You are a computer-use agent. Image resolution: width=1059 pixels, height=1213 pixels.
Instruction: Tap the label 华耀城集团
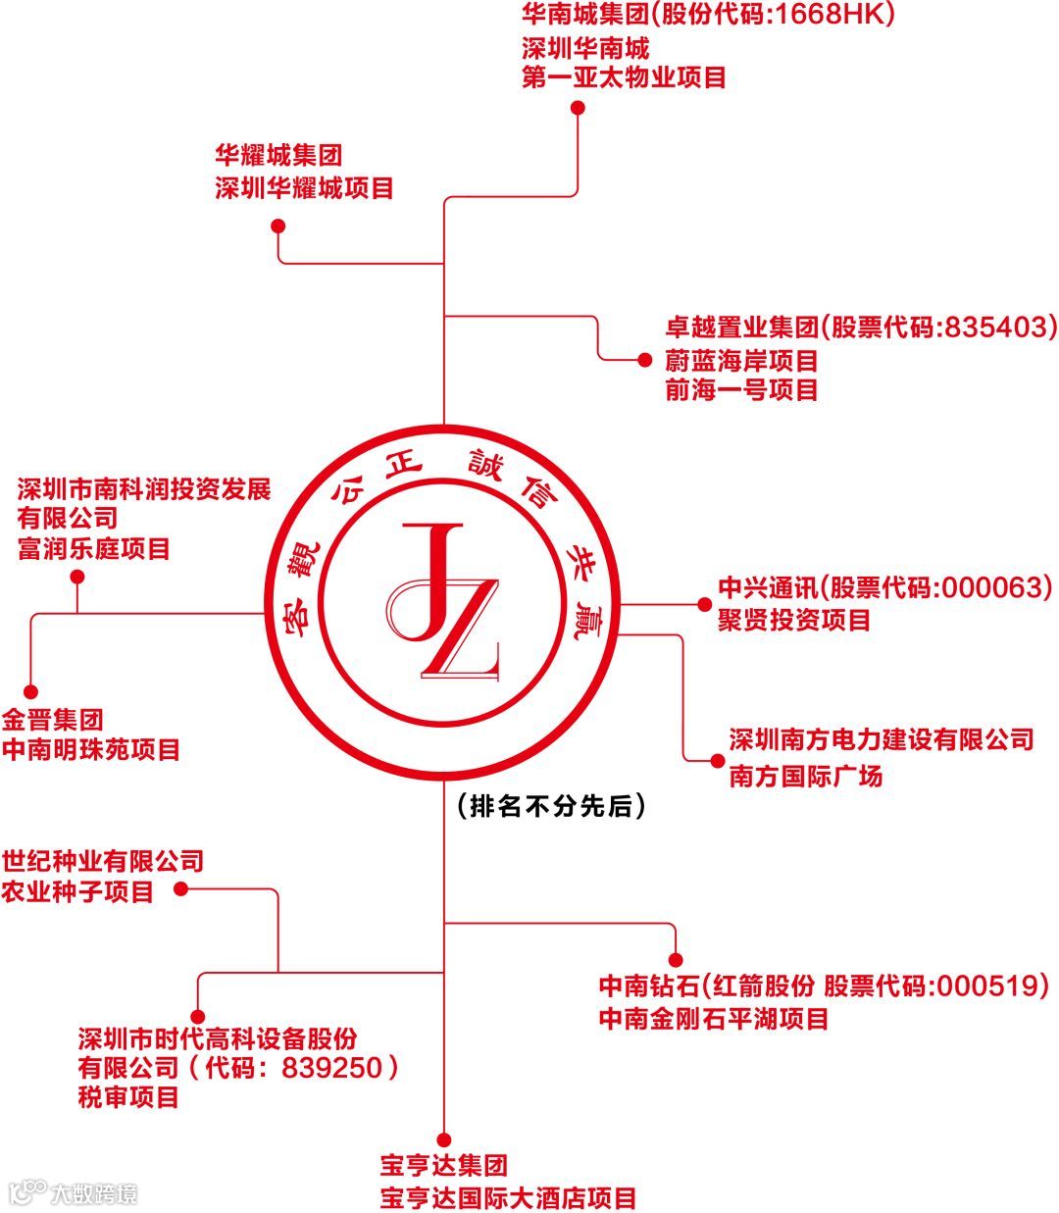278,155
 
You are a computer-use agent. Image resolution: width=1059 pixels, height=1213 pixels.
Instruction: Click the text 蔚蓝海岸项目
741,360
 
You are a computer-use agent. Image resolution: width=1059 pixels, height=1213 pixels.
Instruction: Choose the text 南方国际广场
805,776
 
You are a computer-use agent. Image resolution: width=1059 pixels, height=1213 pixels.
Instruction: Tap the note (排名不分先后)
551,807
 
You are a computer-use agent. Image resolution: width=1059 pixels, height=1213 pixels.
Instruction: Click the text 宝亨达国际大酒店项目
508,1197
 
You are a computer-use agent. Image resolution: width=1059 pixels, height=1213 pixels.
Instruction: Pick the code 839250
331,1067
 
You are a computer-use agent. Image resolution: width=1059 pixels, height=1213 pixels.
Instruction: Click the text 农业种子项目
77,891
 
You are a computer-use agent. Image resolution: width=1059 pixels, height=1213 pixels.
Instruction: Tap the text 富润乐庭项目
93,548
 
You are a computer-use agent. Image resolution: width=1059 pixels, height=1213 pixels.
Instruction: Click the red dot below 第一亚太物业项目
579,107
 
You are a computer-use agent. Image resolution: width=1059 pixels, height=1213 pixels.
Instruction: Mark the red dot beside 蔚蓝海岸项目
644,360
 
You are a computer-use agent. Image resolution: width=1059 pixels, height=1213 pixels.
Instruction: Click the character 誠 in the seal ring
487,467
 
